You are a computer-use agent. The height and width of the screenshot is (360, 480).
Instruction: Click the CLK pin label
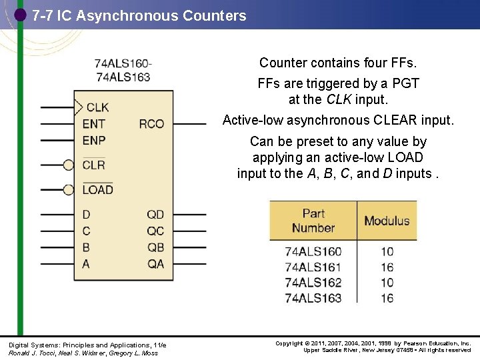click(x=97, y=107)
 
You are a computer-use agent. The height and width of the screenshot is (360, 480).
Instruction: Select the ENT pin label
click(x=94, y=123)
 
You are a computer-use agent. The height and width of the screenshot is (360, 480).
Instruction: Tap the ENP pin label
click(x=94, y=140)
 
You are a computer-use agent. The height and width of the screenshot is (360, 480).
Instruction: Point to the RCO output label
click(x=151, y=123)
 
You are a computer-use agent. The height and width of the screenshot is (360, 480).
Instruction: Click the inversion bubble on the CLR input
click(x=68, y=165)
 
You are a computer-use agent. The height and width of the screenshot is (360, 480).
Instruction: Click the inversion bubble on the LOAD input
click(x=68, y=190)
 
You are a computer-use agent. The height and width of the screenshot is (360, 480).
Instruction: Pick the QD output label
click(x=155, y=214)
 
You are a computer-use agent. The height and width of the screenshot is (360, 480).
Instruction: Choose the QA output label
click(x=155, y=264)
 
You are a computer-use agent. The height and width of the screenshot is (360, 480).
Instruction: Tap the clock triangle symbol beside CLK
click(x=78, y=107)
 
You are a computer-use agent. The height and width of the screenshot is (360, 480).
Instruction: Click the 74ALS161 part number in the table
click(x=313, y=267)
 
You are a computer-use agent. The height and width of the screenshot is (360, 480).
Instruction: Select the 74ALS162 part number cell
click(x=313, y=282)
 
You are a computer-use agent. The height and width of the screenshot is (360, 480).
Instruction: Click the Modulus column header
click(x=387, y=221)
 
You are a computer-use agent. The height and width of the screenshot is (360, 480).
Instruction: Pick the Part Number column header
click(x=313, y=221)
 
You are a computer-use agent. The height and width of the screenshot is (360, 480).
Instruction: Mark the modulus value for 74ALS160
click(x=387, y=252)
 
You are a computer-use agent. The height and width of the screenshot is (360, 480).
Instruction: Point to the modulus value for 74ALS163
click(x=387, y=297)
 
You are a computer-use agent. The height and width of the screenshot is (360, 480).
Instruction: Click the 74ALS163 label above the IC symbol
click(x=123, y=77)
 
